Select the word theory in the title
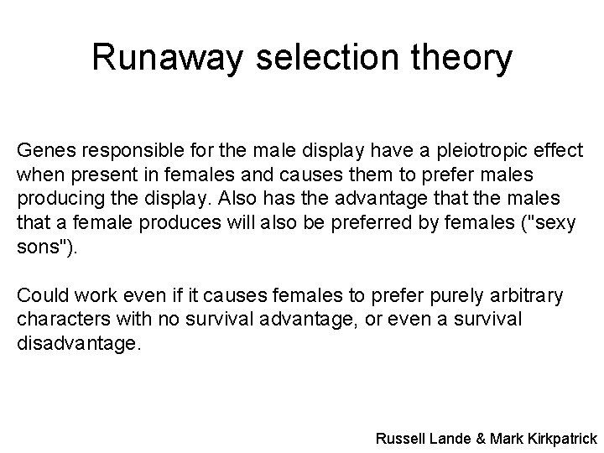click(x=459, y=58)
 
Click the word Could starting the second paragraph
click(x=41, y=296)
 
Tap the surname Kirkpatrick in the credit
click(x=563, y=438)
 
